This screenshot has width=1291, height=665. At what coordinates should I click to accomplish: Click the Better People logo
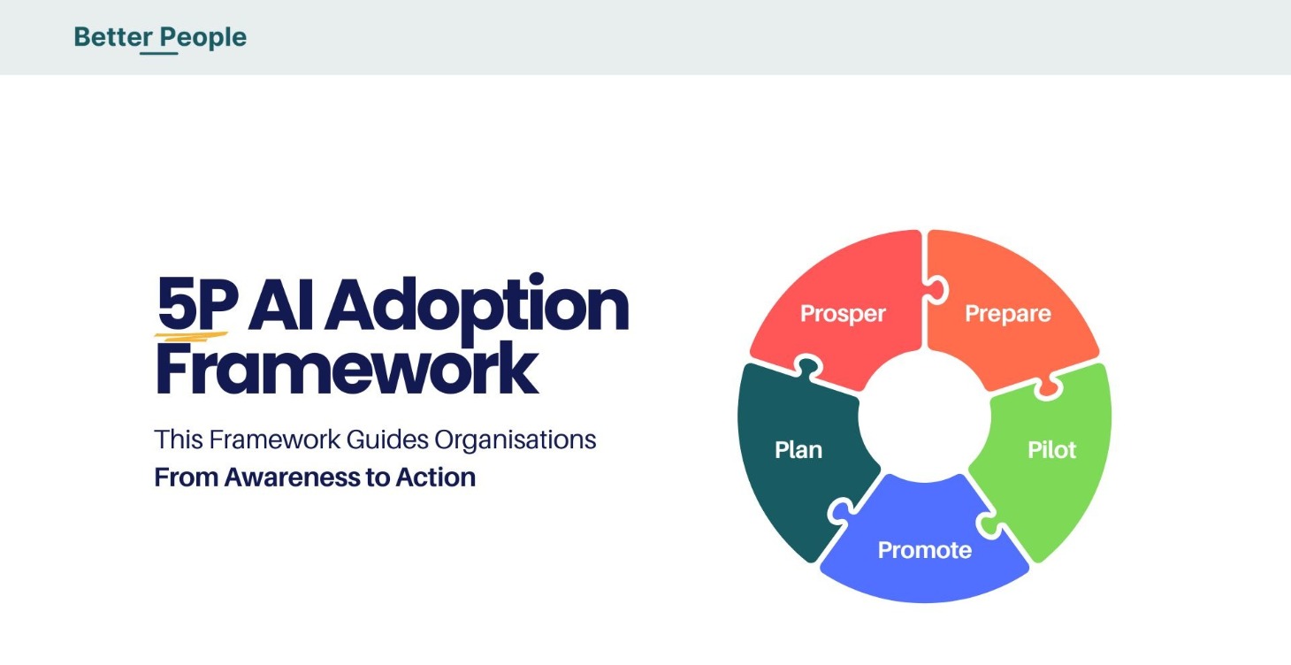(160, 37)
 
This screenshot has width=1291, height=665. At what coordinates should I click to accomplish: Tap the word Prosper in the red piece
(843, 314)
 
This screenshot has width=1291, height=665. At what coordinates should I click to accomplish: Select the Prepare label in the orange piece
(1007, 314)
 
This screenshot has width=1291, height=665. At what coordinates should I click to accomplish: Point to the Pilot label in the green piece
(1051, 449)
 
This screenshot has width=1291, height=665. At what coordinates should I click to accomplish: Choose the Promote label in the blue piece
(924, 550)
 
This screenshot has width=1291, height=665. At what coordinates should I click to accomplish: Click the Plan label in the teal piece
(798, 449)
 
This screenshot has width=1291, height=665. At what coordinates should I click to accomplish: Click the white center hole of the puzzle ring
(924, 416)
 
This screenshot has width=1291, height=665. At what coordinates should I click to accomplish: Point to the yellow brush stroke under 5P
(191, 335)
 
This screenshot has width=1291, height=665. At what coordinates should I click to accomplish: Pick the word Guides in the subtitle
(387, 440)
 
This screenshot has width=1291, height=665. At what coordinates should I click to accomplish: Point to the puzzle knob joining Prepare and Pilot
(1048, 386)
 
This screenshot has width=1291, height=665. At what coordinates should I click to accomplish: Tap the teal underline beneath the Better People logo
(159, 53)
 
